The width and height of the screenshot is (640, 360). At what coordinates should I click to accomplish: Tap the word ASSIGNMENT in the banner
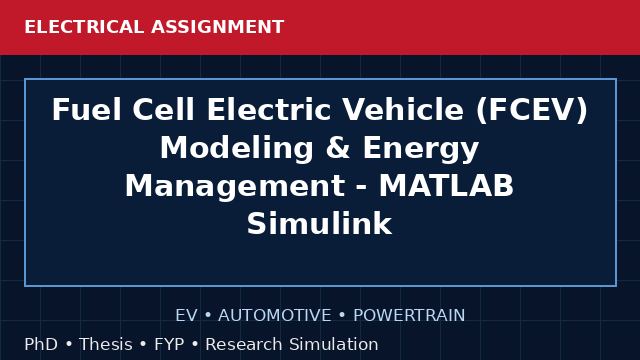click(218, 27)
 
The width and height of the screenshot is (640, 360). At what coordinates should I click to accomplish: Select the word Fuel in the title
click(87, 109)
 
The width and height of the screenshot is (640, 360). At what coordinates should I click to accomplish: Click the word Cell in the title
click(163, 109)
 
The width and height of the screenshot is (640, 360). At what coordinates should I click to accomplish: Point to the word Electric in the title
click(269, 109)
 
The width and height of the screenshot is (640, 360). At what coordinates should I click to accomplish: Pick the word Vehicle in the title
click(403, 109)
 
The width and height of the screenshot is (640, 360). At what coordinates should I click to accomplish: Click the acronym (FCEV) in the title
click(531, 110)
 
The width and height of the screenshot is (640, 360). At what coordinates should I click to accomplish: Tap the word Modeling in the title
click(237, 149)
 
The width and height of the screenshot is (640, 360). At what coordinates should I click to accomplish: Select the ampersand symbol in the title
click(338, 148)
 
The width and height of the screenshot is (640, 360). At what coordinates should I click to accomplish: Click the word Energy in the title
click(421, 149)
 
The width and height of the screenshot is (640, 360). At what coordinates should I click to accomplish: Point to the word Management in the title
click(235, 187)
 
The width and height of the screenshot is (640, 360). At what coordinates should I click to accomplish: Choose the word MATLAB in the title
click(446, 186)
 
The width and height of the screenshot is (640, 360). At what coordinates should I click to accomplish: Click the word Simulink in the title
click(319, 223)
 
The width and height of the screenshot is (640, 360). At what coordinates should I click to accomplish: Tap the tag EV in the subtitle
click(186, 315)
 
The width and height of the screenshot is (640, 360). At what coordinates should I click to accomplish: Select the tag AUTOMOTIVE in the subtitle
click(275, 315)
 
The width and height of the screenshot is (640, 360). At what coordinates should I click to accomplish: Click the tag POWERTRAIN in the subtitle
click(409, 315)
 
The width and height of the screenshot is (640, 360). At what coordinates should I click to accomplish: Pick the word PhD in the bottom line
click(41, 344)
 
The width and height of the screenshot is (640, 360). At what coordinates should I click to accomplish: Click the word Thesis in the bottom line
click(106, 344)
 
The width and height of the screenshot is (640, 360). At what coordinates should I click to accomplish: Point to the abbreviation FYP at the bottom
click(169, 344)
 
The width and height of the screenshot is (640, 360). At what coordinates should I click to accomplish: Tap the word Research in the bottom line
click(244, 344)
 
